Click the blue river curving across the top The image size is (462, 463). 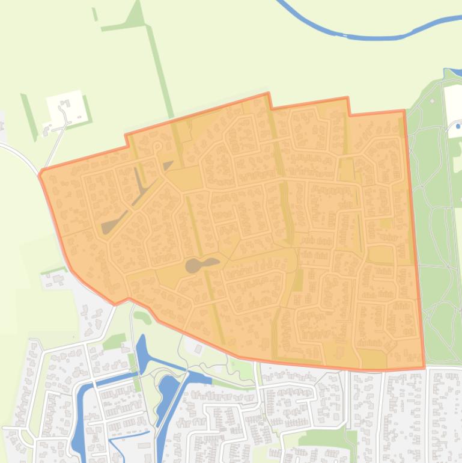click(x=360, y=35)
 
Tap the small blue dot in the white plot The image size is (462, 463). click(x=458, y=126)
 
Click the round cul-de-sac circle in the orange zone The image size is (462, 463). click(x=158, y=146)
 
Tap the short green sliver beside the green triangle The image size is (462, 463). click(x=95, y=14)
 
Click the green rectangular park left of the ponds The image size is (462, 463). click(x=113, y=342)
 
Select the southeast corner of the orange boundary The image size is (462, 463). click(x=424, y=367)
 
